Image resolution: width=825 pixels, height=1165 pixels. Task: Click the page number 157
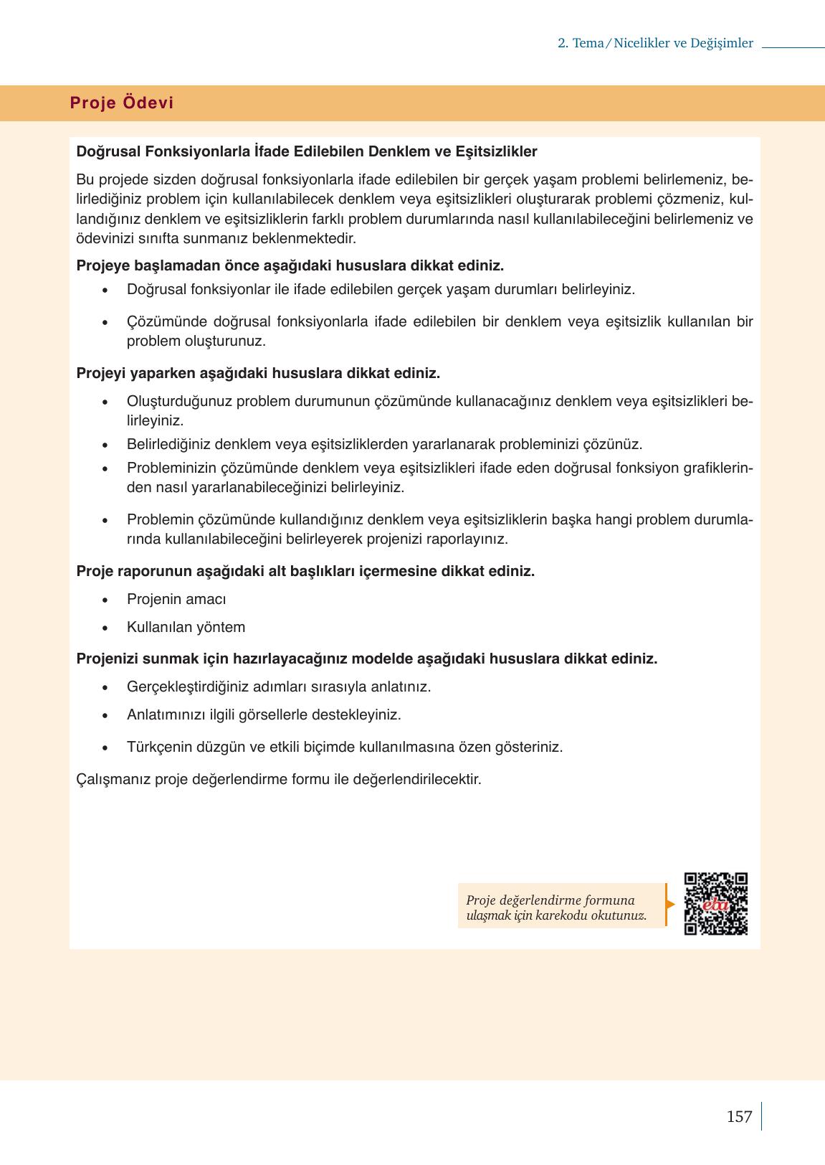pos(739,1116)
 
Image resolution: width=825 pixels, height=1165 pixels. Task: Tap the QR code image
pos(715,903)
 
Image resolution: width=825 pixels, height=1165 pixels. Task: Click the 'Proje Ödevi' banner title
pos(122,103)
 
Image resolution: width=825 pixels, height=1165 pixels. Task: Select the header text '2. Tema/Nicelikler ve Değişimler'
pos(655,43)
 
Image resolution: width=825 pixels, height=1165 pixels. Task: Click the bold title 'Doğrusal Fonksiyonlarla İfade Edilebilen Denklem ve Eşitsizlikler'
pos(306,151)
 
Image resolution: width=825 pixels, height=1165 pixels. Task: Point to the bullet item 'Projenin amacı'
pos(176,599)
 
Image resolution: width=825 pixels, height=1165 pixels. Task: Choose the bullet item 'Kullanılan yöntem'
pos(186,627)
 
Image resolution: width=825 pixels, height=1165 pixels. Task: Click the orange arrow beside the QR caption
pos(670,904)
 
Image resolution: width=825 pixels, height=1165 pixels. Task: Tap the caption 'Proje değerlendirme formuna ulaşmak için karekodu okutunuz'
pos(556,907)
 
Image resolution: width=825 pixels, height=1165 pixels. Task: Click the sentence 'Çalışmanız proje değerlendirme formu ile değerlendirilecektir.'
pos(278,778)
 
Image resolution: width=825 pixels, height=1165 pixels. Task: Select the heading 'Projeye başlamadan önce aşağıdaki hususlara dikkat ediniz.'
pos(290,265)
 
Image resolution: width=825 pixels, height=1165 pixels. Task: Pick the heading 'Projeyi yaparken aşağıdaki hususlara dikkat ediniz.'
pos(258,373)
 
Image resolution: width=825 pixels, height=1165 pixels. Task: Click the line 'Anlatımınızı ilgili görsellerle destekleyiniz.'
pos(264,714)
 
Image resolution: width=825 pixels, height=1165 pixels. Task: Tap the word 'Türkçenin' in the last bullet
pos(156,747)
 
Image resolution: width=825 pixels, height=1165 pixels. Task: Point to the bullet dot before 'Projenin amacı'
pos(106,600)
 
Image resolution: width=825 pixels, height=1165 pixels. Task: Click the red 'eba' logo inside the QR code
pos(715,904)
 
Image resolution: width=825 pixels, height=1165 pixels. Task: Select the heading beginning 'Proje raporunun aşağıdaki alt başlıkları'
pos(305,571)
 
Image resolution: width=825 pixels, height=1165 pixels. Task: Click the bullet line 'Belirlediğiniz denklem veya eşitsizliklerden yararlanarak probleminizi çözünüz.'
pos(384,444)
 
